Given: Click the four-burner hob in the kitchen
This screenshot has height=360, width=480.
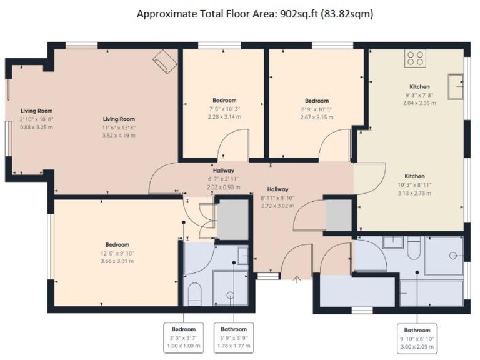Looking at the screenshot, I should pos(416,59).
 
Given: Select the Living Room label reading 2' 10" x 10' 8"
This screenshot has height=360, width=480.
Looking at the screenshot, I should pos(36,119).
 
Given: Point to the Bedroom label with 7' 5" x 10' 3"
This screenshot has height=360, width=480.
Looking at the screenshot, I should pos(224,108).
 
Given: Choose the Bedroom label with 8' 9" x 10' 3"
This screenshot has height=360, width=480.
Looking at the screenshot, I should pos(317,108).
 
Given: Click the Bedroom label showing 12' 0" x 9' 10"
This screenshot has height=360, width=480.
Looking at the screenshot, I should pos(117,252).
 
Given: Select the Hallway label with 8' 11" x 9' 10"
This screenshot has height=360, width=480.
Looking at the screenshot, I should pos(277,197).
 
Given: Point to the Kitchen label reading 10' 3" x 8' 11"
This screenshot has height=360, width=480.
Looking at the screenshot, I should pos(414,184).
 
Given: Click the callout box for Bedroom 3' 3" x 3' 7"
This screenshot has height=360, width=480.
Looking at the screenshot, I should pos(184,337).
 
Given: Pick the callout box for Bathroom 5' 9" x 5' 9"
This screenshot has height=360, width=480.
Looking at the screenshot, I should pos(233,337).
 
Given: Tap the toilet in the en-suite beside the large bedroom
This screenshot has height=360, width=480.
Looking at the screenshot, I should pos(194,293).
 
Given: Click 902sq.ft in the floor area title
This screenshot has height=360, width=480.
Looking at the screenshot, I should pos(296,13).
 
